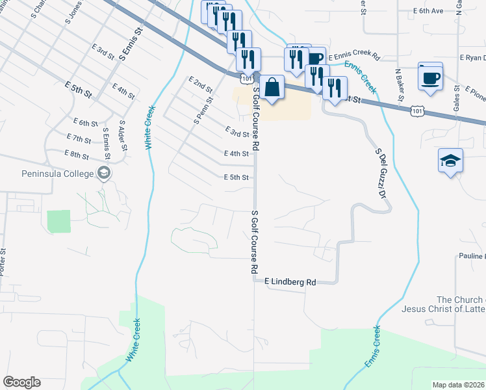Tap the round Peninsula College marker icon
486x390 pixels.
103,173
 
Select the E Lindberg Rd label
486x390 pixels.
290,282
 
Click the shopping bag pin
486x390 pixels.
274,87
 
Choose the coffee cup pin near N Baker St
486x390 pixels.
431,77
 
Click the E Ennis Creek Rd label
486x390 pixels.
354,57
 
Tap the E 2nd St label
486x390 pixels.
201,84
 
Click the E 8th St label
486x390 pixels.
77,154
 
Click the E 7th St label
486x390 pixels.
79,138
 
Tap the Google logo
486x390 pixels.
22,382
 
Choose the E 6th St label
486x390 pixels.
86,123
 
